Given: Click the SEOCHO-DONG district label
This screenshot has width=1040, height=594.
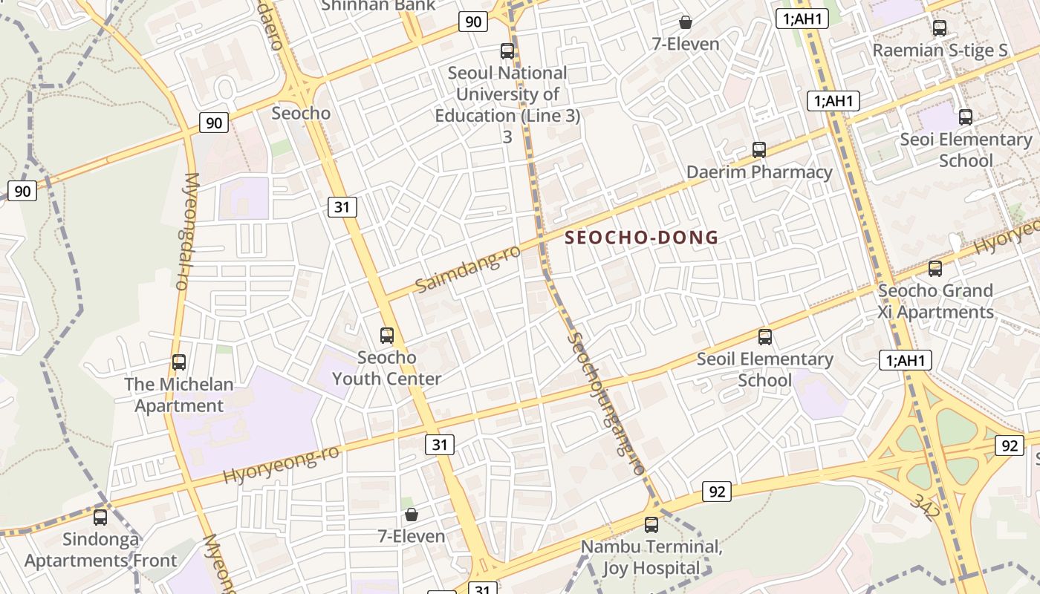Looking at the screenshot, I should pyautogui.click(x=642, y=238).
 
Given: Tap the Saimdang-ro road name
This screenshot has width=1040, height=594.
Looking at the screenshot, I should pyautogui.click(x=467, y=269).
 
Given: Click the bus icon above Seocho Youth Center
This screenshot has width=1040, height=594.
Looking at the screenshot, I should pyautogui.click(x=387, y=335).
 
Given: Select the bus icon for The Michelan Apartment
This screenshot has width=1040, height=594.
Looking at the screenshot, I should pyautogui.click(x=179, y=362).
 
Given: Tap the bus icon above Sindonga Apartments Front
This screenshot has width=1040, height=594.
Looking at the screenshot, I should pyautogui.click(x=100, y=517).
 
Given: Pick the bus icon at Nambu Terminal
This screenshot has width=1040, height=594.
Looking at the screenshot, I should pyautogui.click(x=651, y=525).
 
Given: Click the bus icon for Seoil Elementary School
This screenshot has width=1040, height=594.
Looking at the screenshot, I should pyautogui.click(x=765, y=337).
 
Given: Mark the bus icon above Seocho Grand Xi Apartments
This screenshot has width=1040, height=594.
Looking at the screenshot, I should pyautogui.click(x=935, y=269).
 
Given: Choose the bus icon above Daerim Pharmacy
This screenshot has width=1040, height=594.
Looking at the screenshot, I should pyautogui.click(x=759, y=150).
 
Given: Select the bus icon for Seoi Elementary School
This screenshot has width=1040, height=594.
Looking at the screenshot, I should pyautogui.click(x=966, y=117).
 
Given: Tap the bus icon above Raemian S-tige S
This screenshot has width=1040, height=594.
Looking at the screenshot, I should pyautogui.click(x=940, y=28).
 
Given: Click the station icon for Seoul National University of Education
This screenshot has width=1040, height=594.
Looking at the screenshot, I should pyautogui.click(x=507, y=51).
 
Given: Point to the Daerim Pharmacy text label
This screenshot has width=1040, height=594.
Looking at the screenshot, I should pyautogui.click(x=759, y=172).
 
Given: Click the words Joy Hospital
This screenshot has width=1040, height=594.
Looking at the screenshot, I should pyautogui.click(x=651, y=569).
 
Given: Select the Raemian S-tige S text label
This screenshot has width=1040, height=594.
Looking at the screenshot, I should pyautogui.click(x=940, y=50).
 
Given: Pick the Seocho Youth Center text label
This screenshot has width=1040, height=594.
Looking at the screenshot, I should pyautogui.click(x=386, y=368).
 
